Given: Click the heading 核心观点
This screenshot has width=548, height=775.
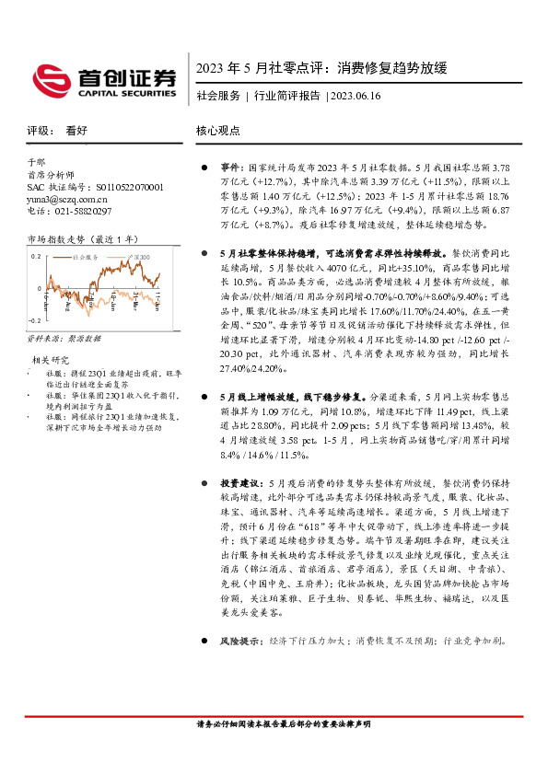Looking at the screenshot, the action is pyautogui.click(x=217, y=132).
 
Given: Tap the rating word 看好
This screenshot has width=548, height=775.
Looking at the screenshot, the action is pyautogui.click(x=76, y=132).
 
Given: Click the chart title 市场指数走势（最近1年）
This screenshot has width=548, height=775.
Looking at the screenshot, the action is pyautogui.click(x=83, y=239).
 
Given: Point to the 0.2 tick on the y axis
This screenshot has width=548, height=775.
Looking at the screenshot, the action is pyautogui.click(x=35, y=255).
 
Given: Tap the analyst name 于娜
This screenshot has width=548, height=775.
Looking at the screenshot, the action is pyautogui.click(x=36, y=161).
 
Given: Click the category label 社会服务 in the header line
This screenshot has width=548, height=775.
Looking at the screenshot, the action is pyautogui.click(x=218, y=96).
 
